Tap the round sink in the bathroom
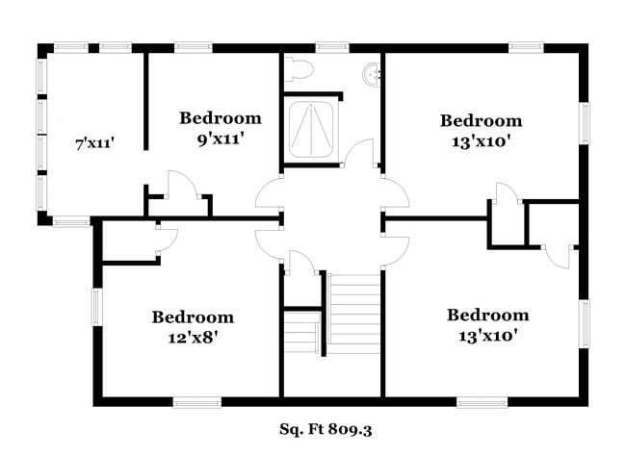[370, 72]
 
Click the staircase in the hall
[354, 314]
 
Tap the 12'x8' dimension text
[193, 337]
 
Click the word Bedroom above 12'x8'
[193, 317]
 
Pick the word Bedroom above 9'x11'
[221, 118]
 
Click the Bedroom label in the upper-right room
[482, 120]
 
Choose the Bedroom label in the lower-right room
[487, 315]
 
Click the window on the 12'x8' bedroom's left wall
[95, 307]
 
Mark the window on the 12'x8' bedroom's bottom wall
[196, 401]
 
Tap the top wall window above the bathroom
[331, 45]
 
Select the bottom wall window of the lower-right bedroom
[482, 401]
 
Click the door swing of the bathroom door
[360, 154]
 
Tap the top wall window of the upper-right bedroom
[527, 45]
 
